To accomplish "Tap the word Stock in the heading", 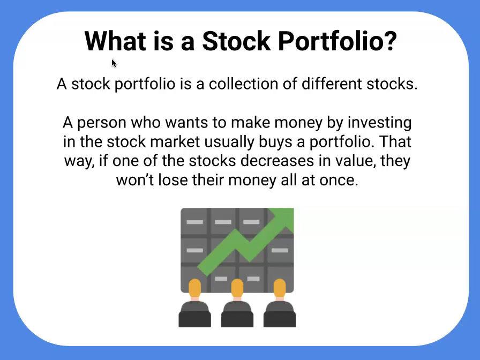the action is [x=236, y=41].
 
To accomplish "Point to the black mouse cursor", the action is [x=114, y=63].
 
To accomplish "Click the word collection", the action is [x=244, y=84].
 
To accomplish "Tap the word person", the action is [x=102, y=123].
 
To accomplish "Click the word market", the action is [x=175, y=142].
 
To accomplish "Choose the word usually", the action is [x=229, y=142].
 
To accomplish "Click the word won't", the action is [x=135, y=181].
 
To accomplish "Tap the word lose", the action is [x=173, y=180].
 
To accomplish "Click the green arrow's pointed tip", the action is [x=293, y=209].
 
